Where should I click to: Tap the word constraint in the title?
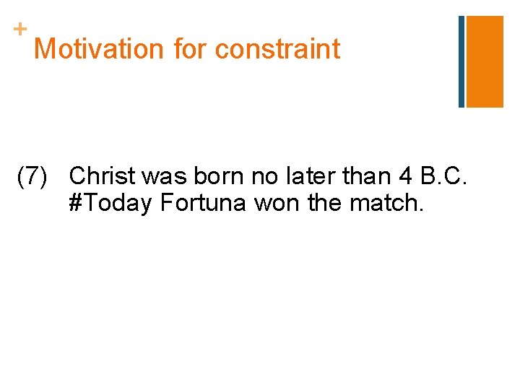(x=277, y=49)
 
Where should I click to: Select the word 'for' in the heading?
(x=191, y=49)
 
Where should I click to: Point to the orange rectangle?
(x=485, y=61)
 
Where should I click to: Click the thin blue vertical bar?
(x=461, y=61)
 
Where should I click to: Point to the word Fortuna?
(x=204, y=204)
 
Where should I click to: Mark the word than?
(x=370, y=176)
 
